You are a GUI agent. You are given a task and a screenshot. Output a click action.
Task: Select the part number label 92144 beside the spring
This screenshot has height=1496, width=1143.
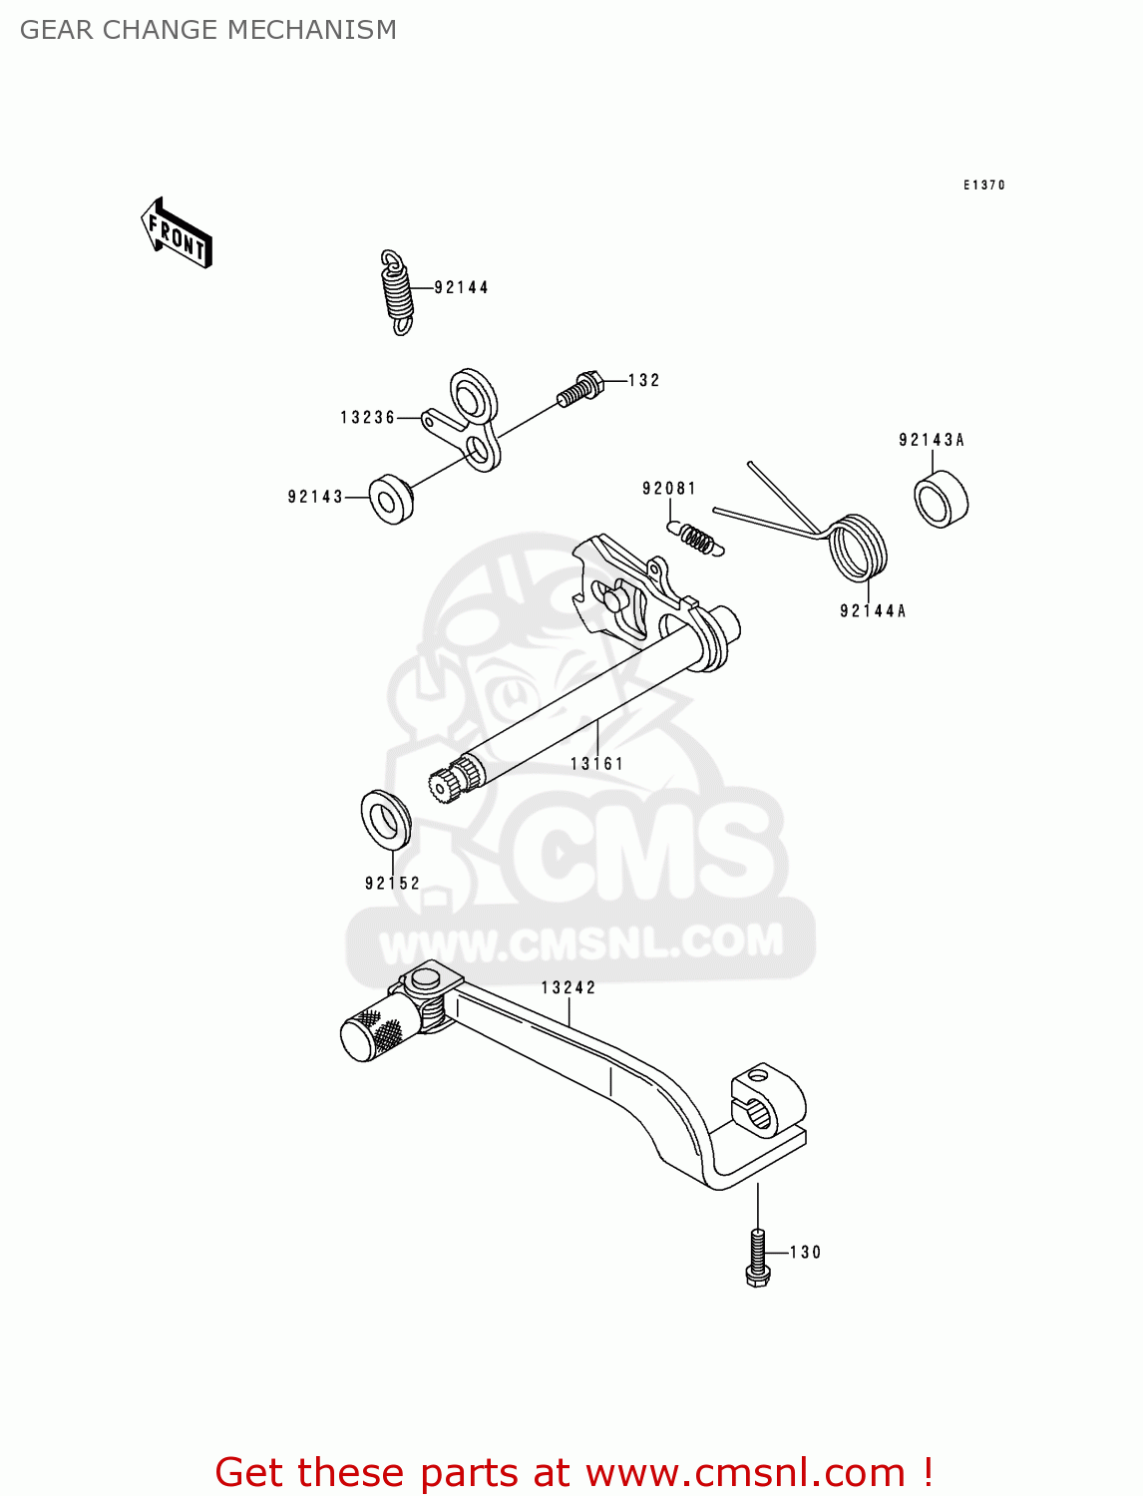tap(461, 288)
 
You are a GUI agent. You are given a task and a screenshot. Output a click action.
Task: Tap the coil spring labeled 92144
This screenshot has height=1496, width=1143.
tap(397, 290)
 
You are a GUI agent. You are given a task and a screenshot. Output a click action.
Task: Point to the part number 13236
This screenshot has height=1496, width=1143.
tap(367, 418)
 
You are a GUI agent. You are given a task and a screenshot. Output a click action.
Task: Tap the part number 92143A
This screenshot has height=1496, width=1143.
tap(931, 440)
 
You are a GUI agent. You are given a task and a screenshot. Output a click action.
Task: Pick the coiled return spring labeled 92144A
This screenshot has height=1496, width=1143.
tap(858, 548)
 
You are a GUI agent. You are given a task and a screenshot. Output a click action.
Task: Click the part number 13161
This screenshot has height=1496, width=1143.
tap(596, 764)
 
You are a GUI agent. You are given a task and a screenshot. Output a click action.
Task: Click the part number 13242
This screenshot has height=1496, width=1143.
tap(568, 988)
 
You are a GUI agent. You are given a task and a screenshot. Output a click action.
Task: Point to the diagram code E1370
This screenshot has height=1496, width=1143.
tap(983, 186)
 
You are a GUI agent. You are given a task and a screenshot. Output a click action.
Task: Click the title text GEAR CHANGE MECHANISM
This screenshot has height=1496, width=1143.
tap(208, 30)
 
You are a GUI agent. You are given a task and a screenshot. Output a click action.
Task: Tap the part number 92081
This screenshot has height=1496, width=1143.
tap(668, 489)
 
